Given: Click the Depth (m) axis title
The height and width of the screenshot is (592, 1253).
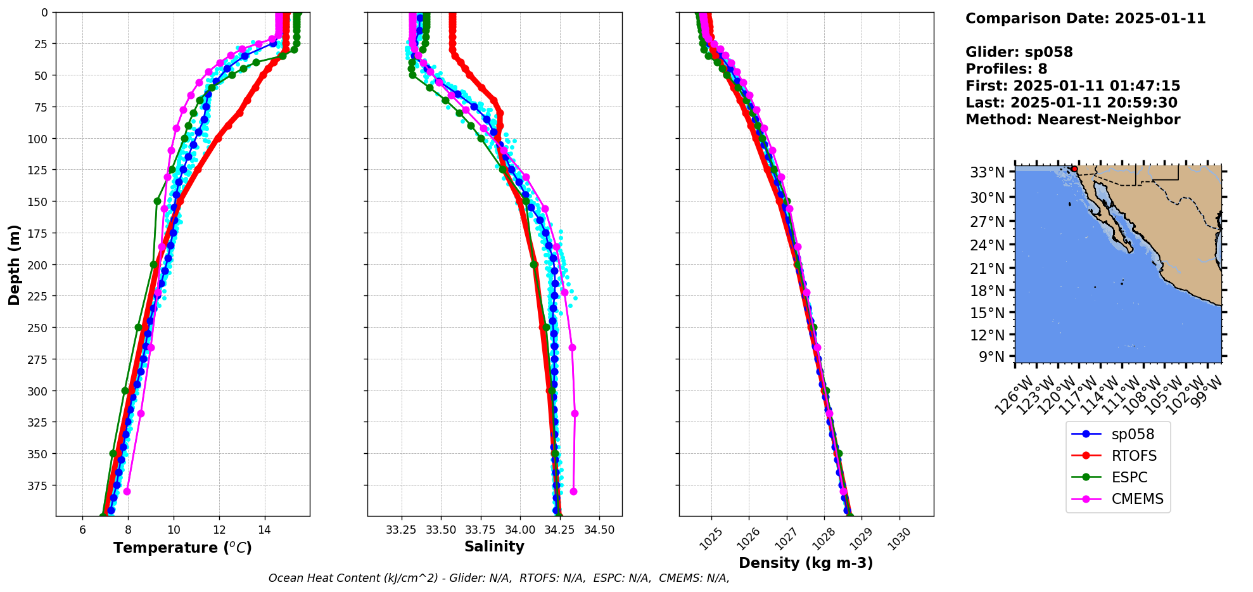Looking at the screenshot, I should (14, 264).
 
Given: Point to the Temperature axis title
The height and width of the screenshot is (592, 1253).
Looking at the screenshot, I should (182, 548).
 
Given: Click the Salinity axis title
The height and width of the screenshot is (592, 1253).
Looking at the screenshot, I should (494, 546).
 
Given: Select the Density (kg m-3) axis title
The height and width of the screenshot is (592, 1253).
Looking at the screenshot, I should (806, 563).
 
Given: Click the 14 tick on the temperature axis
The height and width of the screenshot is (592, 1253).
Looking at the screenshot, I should (265, 530).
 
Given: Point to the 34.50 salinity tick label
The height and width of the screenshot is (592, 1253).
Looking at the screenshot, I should (599, 530).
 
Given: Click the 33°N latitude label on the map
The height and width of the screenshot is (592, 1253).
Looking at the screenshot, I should (988, 172).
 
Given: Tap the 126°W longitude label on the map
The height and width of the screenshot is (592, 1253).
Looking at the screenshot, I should (1012, 396).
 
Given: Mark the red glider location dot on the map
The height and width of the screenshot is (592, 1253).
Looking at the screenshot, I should (1074, 169).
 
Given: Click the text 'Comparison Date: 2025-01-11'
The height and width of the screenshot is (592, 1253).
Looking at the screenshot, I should (1085, 18).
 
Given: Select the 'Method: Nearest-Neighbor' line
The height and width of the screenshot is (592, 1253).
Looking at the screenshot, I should (1072, 120).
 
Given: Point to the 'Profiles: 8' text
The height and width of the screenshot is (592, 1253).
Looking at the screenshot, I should (1006, 69).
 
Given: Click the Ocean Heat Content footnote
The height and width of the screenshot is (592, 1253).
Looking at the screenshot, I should (499, 578).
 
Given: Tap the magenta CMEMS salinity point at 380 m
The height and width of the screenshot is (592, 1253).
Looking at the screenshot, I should (573, 491).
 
